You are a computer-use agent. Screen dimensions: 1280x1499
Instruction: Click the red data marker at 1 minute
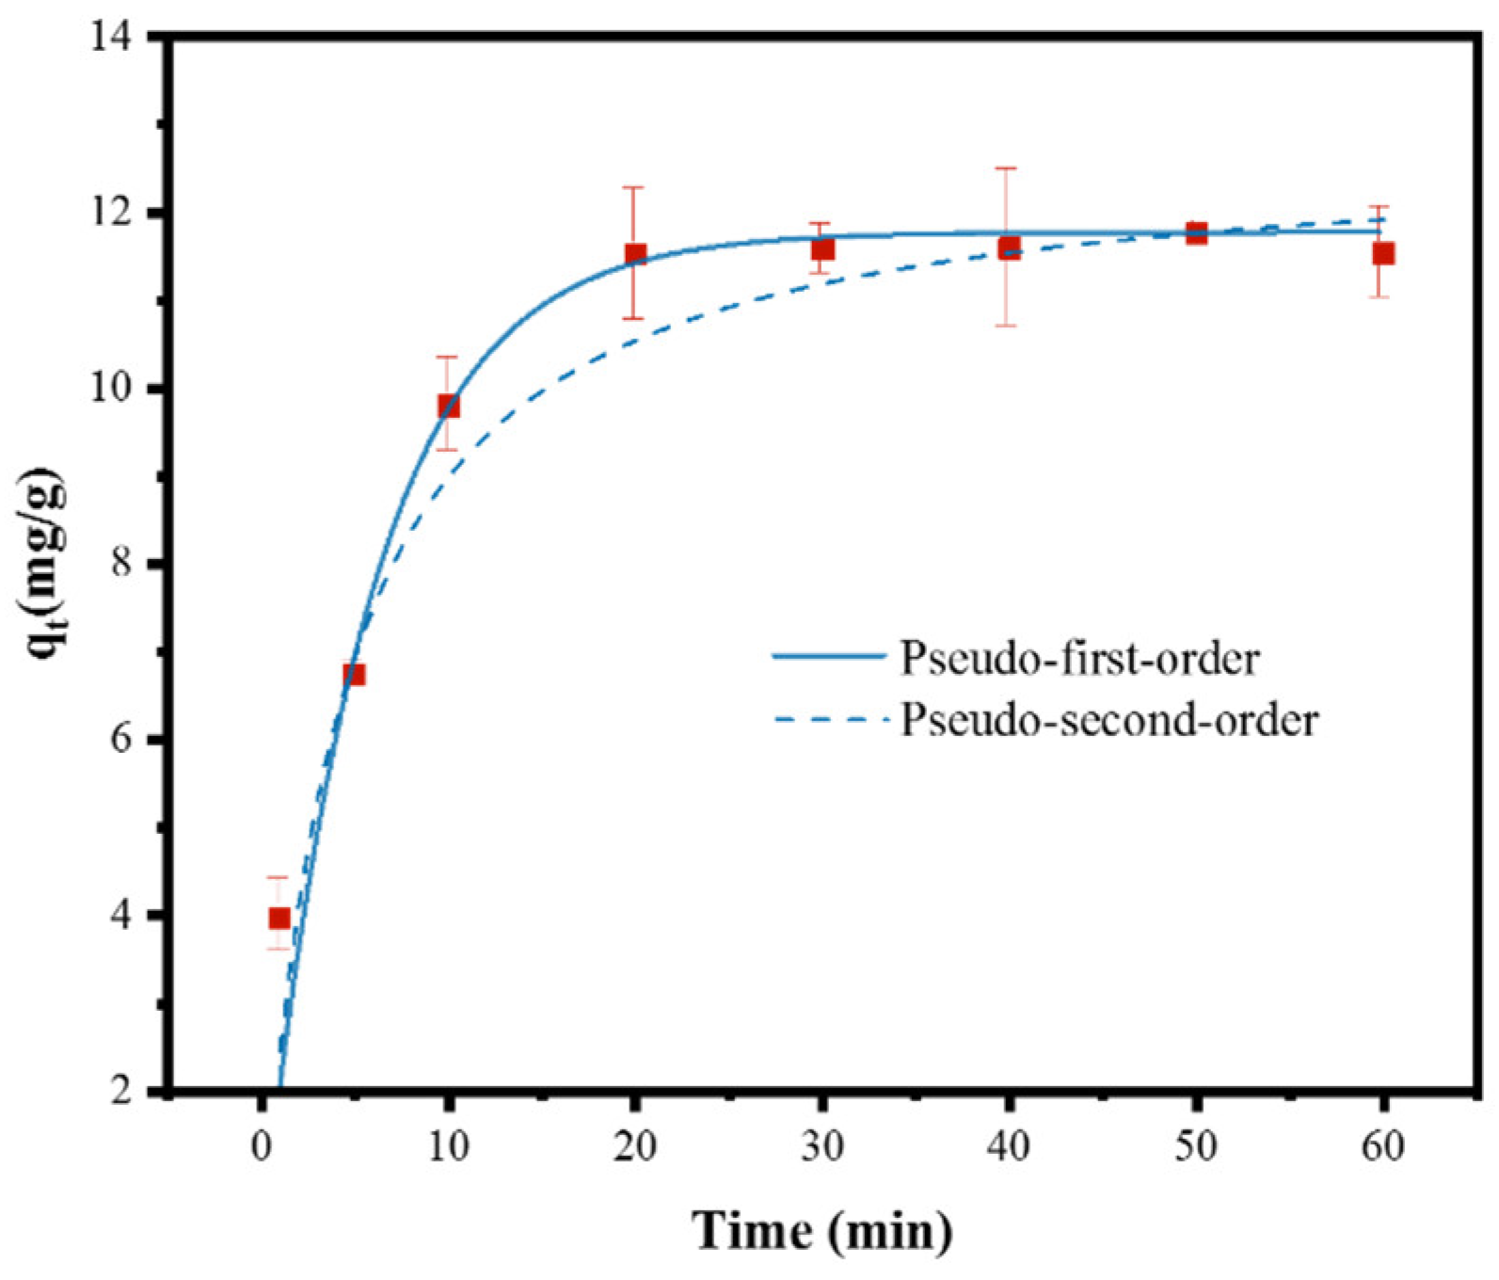click(279, 918)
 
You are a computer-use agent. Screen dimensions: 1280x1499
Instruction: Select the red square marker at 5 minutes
click(354, 674)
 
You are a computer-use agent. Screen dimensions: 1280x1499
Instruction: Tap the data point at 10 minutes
click(448, 407)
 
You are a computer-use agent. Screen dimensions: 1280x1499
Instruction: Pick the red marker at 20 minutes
click(635, 254)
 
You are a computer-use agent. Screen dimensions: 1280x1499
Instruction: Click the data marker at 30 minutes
click(822, 249)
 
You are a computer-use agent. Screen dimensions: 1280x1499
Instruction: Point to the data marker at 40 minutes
click(1009, 248)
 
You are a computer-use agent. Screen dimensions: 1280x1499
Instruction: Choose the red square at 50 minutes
click(1196, 232)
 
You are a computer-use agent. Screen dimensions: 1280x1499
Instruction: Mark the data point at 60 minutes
click(1382, 253)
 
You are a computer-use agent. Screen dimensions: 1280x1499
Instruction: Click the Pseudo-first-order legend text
click(1079, 658)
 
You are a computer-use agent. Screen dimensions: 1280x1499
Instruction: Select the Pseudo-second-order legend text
click(1109, 720)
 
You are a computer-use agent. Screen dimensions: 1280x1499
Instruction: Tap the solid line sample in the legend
click(829, 656)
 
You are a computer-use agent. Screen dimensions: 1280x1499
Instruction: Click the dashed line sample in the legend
click(829, 720)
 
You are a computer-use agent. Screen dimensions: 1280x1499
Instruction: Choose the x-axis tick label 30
click(822, 1147)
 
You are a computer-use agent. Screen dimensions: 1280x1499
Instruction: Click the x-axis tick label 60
click(1382, 1147)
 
